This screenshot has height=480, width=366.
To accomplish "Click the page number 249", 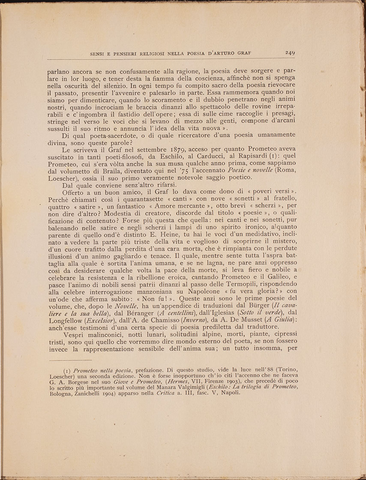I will [x=290, y=53].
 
